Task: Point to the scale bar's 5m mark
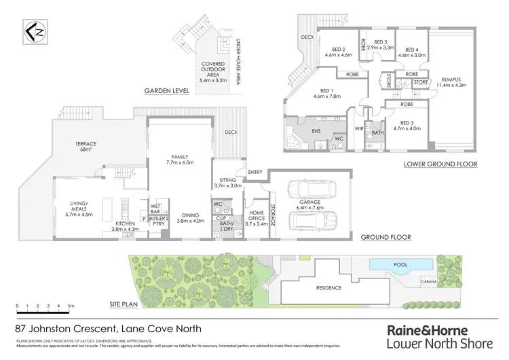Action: (71, 307)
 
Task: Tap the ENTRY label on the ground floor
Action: (255, 172)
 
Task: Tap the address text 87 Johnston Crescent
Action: (109, 328)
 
